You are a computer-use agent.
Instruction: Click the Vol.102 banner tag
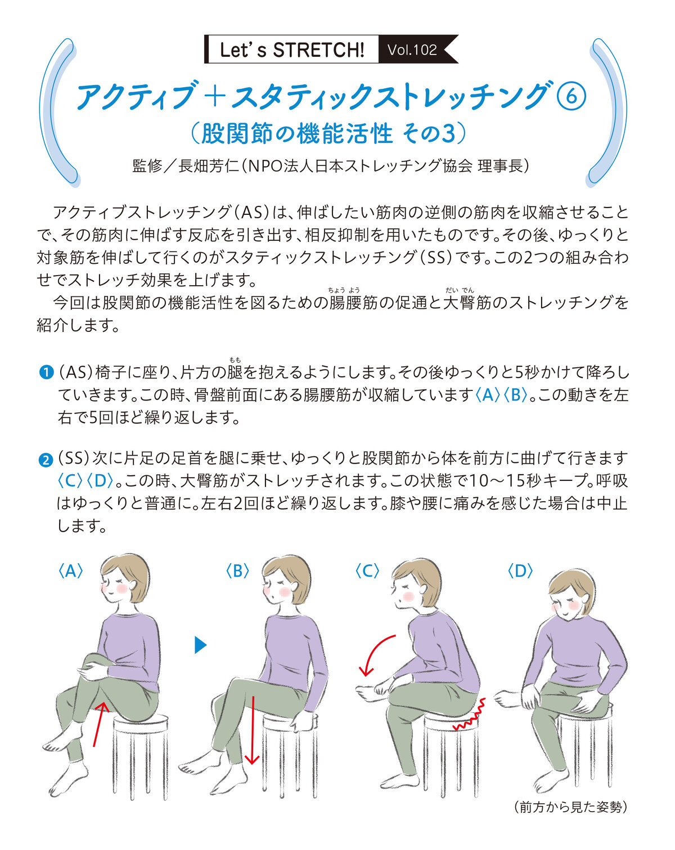(x=417, y=50)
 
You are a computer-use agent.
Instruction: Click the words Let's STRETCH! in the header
(x=291, y=50)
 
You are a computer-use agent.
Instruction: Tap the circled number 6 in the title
(x=571, y=96)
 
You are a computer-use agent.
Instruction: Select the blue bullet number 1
(x=46, y=372)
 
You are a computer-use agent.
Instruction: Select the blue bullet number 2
(x=46, y=460)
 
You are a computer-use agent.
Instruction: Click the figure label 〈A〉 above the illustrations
(x=70, y=571)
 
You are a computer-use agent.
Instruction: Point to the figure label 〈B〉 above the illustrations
(x=237, y=571)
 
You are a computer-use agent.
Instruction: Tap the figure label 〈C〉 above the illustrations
(x=367, y=571)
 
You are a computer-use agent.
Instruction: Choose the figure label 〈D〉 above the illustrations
(x=520, y=571)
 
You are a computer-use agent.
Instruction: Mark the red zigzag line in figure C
(x=470, y=714)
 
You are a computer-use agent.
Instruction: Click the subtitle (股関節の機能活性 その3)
(x=328, y=133)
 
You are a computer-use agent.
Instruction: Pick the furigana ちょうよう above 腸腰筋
(x=344, y=290)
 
